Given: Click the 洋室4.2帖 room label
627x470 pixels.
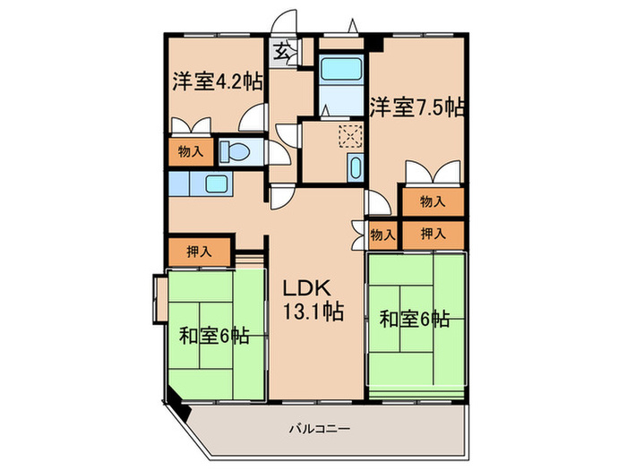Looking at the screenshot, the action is (218, 81).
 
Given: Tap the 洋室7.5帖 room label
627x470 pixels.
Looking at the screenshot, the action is (417, 107).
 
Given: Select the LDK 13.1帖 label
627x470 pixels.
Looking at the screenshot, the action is (313, 300).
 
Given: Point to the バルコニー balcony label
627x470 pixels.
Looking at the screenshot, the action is (320, 429).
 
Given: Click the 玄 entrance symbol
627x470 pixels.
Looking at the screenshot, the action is (281, 51).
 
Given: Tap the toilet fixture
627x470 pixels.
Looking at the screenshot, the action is (235, 152).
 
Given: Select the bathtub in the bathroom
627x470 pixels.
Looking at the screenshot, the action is (341, 68).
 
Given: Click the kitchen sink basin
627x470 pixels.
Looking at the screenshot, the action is (217, 184).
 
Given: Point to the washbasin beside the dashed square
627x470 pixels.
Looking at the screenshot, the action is (355, 167).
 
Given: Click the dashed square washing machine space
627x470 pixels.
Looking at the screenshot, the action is (350, 137).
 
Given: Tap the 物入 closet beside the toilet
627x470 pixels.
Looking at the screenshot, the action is (191, 152).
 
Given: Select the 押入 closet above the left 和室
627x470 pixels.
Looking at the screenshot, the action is (199, 252).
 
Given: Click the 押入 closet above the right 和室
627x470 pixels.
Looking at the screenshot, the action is (433, 235).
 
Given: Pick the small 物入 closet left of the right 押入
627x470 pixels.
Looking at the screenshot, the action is (382, 235).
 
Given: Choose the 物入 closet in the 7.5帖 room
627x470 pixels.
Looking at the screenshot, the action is (433, 201).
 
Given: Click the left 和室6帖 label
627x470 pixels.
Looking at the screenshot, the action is (214, 336).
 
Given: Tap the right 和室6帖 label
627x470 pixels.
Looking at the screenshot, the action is (415, 319).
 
